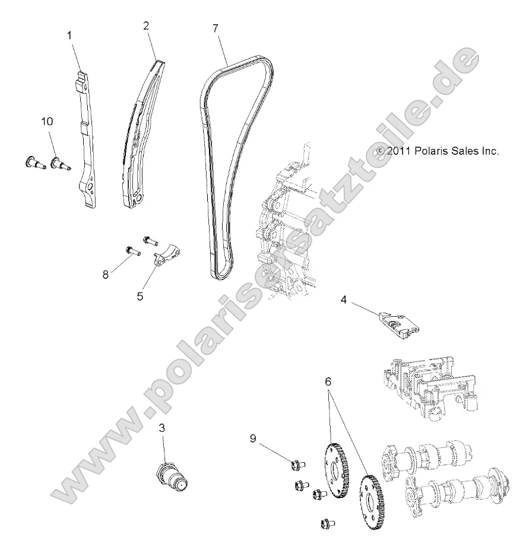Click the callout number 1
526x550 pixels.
pos(69,36)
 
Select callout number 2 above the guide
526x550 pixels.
pos(146,26)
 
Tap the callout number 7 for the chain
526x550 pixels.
pos(215,28)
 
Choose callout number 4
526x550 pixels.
pos(343,300)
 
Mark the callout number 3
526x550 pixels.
pos(161,427)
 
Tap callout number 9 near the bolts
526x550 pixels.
pos(253,438)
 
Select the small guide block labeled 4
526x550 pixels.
pos(398,323)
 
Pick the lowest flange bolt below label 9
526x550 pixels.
pos(326,523)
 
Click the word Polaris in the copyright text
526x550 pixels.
pos(423,151)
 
